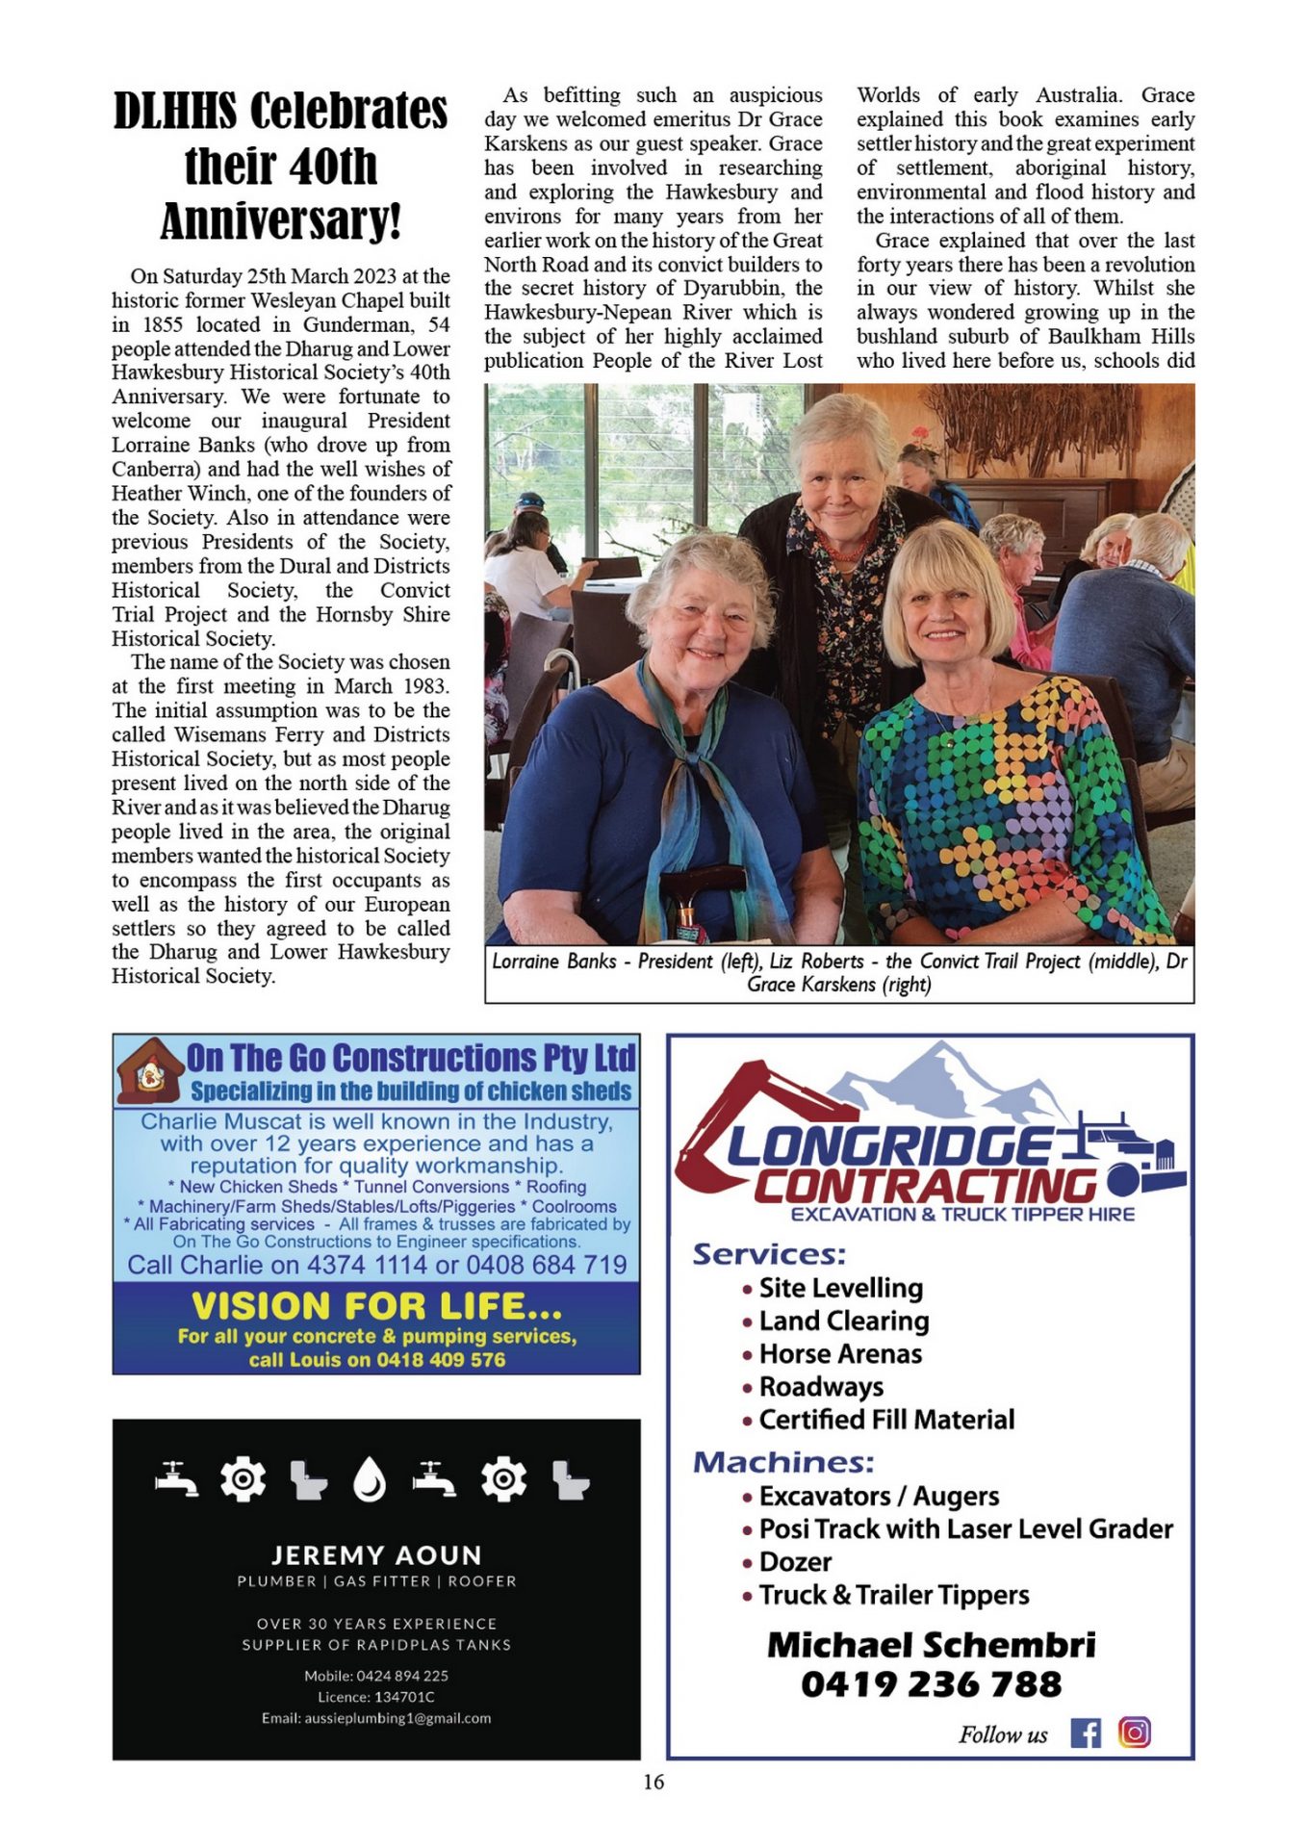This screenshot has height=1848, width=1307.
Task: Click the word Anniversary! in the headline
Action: click(280, 221)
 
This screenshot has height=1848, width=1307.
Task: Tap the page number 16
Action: click(653, 1782)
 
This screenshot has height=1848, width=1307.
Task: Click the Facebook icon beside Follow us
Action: click(1086, 1733)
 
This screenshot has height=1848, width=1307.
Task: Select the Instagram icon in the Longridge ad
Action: click(1135, 1732)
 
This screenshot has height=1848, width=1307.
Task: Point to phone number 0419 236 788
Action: click(931, 1684)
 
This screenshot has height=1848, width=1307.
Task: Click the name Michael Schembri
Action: click(931, 1645)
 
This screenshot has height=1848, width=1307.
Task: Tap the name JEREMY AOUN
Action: click(376, 1555)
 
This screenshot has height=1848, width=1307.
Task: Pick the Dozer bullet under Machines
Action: click(795, 1562)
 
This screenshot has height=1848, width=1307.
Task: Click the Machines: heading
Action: click(783, 1462)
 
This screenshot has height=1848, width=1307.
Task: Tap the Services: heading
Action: click(769, 1254)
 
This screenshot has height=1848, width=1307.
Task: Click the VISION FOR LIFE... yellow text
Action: click(376, 1306)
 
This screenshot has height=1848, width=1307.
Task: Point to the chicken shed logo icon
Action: click(149, 1071)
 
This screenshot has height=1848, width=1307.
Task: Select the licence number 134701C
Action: click(401, 1697)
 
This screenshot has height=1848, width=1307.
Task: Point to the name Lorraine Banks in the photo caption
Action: click(553, 962)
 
